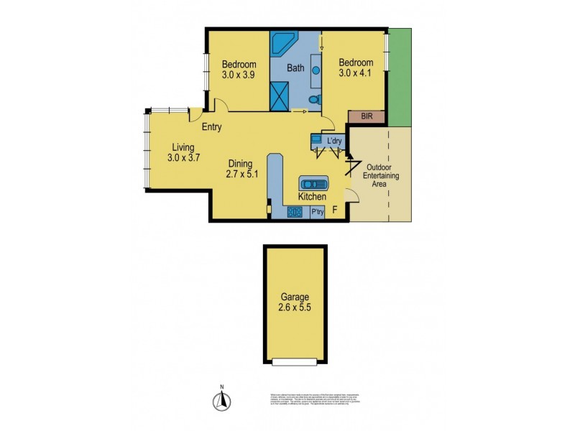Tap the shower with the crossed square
point(280,95)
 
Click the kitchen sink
point(314,183)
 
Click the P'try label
point(317,212)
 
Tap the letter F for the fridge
point(334,210)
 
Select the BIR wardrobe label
point(366,116)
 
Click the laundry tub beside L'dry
point(316,139)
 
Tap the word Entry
point(211,128)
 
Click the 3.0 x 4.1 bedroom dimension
point(356,74)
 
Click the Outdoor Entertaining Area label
point(381,176)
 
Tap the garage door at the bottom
point(295,362)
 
